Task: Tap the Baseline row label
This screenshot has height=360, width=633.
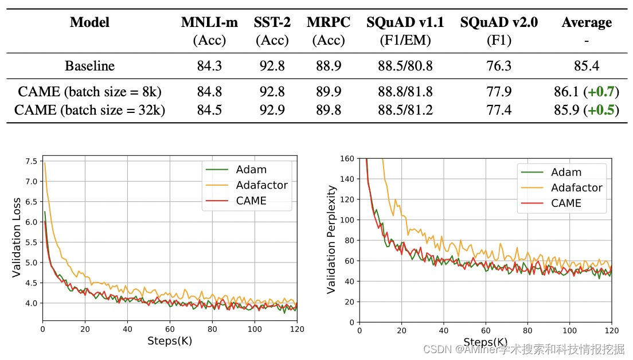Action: coord(89,66)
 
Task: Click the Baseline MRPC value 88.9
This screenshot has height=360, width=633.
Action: coord(329,66)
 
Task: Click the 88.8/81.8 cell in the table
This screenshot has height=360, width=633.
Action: coord(405,92)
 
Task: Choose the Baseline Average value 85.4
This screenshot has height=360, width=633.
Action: coord(587,66)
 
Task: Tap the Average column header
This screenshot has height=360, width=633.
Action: coord(587,23)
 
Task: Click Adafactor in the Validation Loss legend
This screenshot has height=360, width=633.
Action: coord(261,185)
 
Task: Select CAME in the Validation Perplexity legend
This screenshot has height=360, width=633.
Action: coord(566,203)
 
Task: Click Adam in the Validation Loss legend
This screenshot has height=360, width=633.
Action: coord(251,170)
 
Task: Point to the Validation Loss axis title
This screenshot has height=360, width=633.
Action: coord(17,237)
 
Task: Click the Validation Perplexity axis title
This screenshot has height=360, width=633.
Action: coord(331,239)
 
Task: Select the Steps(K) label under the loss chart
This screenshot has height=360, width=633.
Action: coord(170,341)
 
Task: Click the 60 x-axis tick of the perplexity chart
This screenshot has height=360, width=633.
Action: coord(486,331)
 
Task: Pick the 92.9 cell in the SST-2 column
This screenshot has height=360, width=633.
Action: coord(272,109)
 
